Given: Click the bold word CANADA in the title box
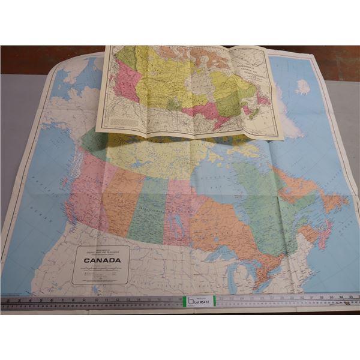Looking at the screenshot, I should (101, 260).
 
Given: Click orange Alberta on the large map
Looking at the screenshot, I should (124, 198).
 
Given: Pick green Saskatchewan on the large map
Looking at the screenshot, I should (146, 210).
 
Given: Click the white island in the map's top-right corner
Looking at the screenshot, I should (303, 87).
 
